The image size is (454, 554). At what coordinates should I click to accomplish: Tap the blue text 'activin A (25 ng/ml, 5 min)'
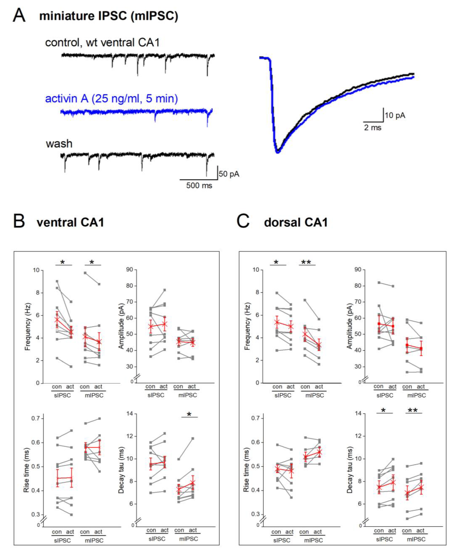[111, 99]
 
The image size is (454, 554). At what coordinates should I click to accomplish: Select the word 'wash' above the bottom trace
[59, 144]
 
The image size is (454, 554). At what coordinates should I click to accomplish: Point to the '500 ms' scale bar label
[199, 186]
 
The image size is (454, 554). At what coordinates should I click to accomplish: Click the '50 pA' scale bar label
[229, 174]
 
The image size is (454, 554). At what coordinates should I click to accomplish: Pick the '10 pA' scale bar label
[395, 115]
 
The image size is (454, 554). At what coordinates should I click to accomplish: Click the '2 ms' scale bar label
[373, 128]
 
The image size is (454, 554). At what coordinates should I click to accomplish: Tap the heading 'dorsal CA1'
[296, 223]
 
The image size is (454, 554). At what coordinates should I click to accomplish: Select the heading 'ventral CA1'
[70, 223]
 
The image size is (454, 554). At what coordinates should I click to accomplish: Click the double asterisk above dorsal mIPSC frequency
[306, 262]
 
